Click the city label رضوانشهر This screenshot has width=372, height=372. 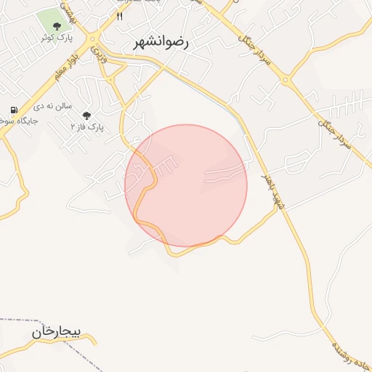161,43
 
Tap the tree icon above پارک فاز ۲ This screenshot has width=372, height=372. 87,116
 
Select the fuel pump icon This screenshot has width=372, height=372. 13,110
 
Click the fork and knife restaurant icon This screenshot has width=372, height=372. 120,15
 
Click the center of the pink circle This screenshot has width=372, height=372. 186,185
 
